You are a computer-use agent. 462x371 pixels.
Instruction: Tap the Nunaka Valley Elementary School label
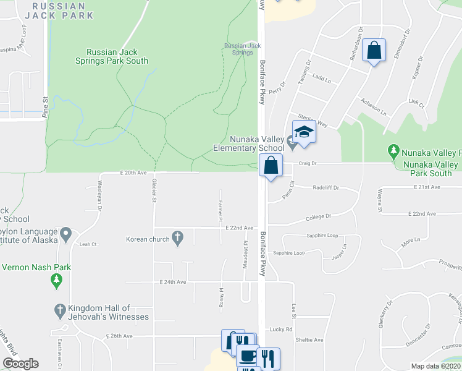pyautogui.click(x=248, y=144)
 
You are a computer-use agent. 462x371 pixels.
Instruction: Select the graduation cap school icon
pyautogui.click(x=304, y=132)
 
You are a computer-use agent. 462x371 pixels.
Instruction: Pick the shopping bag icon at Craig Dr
pyautogui.click(x=271, y=166)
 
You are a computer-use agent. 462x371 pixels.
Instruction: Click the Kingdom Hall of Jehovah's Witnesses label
pyautogui.click(x=109, y=312)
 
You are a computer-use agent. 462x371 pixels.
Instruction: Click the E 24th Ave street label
pyautogui.click(x=172, y=282)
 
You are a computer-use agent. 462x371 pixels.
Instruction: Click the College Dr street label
pyautogui.click(x=319, y=216)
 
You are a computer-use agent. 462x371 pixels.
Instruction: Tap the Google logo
pyautogui.click(x=20, y=364)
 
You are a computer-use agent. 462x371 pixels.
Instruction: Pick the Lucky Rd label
pyautogui.click(x=280, y=330)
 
